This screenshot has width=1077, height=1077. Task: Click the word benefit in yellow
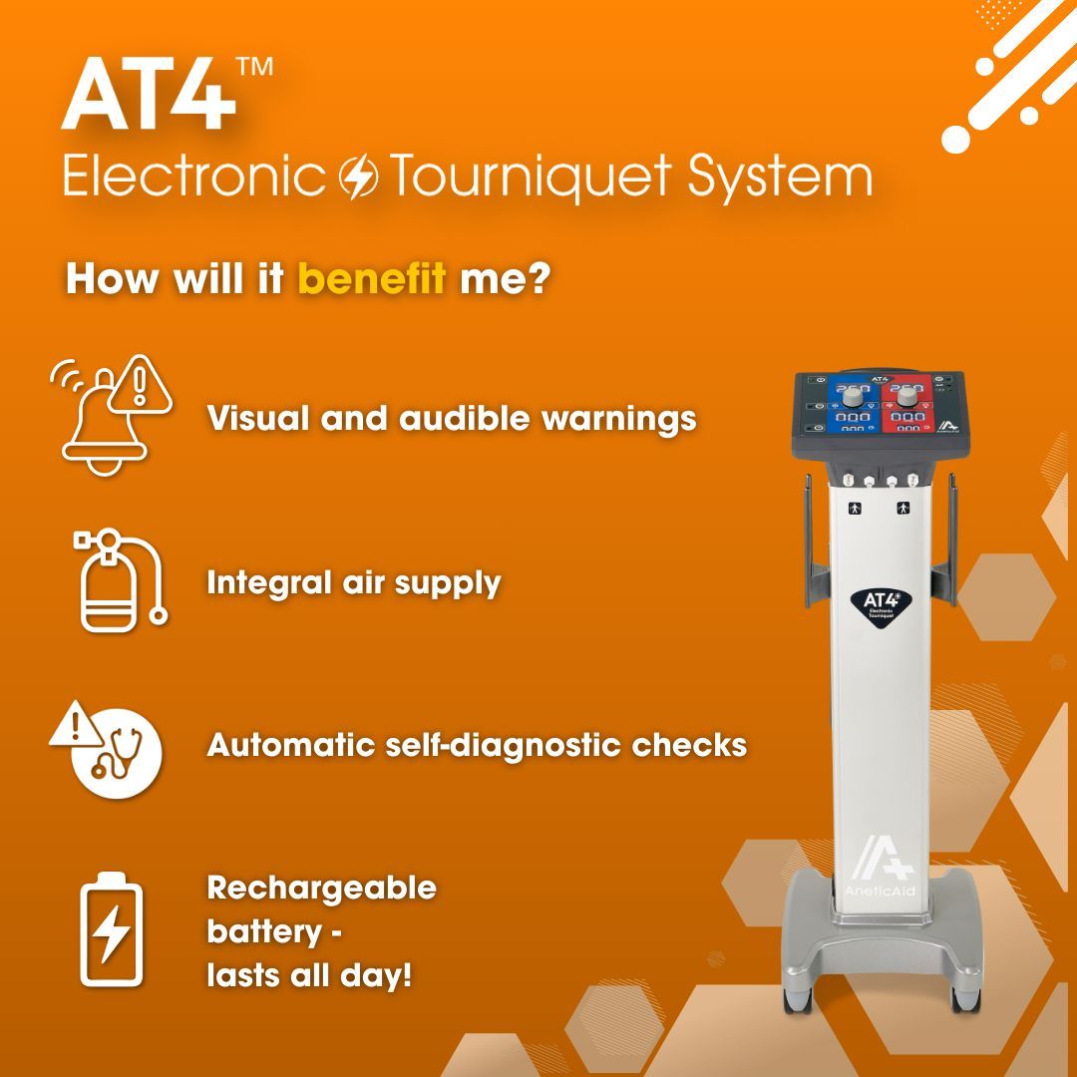point(371,279)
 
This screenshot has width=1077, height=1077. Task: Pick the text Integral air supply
point(353,583)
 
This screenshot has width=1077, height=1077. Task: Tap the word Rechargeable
point(321,888)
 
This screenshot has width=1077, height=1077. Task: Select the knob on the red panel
point(907,397)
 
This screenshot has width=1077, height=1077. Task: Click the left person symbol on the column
point(854,508)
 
